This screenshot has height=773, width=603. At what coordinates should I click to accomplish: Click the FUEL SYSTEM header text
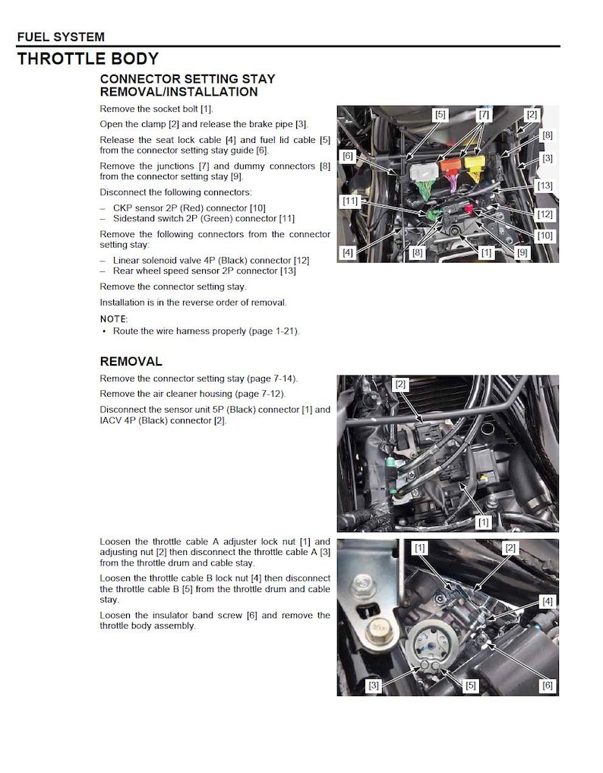tap(61, 36)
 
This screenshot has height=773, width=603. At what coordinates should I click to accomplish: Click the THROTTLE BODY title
tap(88, 59)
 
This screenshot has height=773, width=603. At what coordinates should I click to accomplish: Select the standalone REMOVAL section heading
tap(131, 361)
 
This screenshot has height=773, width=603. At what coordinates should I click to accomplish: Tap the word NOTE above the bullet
tap(114, 319)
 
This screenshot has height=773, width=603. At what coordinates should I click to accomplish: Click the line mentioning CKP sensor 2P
tap(189, 208)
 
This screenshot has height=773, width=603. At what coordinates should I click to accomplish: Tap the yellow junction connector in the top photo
tap(477, 166)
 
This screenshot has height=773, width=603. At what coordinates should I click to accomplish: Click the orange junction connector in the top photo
tap(451, 166)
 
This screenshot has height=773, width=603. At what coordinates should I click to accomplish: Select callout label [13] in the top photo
tap(544, 185)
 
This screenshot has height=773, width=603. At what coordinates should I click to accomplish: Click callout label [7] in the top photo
tap(485, 115)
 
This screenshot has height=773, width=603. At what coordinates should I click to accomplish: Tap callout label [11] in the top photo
tap(349, 201)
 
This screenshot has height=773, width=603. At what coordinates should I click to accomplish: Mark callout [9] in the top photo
tap(522, 253)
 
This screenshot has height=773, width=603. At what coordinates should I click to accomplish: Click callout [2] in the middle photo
tap(400, 385)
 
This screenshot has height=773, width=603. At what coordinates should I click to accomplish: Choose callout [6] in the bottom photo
tap(547, 686)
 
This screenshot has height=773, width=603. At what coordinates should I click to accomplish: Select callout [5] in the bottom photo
tap(471, 686)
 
